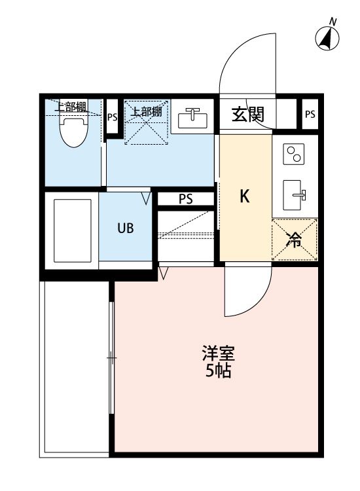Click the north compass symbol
(328, 38)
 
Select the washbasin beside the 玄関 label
(192, 118)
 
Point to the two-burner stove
(294, 155)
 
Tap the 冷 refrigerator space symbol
(295, 240)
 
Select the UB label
(126, 228)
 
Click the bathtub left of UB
(71, 230)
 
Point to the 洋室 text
(218, 357)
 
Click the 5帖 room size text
(218, 373)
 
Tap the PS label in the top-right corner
(310, 115)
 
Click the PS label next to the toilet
(113, 118)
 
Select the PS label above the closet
(186, 200)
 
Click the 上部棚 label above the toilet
(70, 107)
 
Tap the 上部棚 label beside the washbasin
(146, 111)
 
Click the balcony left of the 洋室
(73, 367)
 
